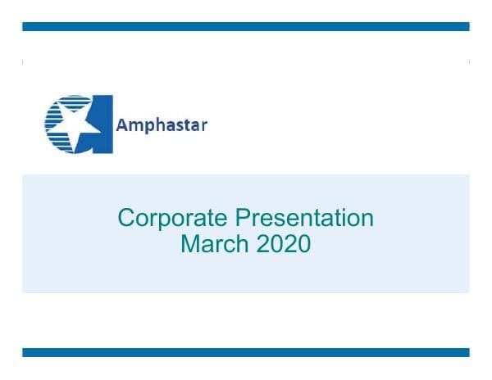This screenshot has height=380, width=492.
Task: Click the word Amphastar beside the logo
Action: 162,125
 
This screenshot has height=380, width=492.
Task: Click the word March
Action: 212,244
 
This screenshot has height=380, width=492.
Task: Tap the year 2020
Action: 280,244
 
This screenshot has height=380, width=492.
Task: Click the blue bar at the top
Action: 245,27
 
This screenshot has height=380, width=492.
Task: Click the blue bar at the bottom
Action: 245,352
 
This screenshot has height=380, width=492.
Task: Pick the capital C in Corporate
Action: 126,219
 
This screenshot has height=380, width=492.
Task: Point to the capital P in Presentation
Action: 243,219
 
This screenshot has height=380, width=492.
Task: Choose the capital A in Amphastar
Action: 121,125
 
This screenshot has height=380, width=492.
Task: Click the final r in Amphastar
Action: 204,126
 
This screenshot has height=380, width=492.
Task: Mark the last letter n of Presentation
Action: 367,219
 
